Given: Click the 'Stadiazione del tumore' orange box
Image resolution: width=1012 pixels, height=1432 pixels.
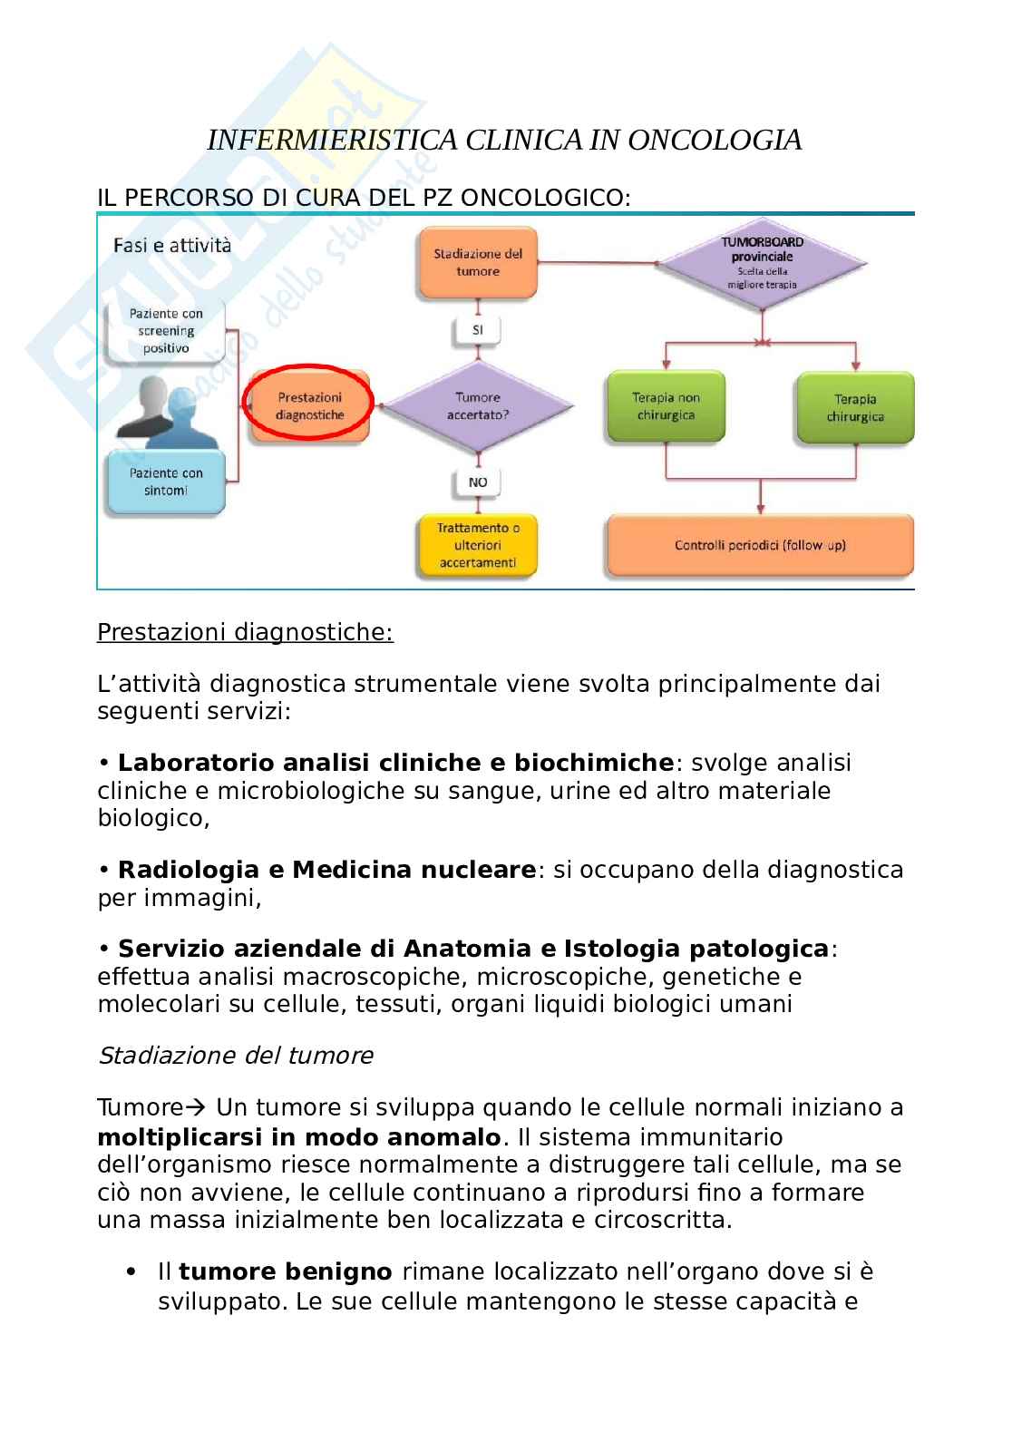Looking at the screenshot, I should [478, 263].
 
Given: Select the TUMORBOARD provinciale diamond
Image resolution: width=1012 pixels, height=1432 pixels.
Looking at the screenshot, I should [762, 263].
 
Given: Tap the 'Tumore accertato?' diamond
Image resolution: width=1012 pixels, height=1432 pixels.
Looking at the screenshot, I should [478, 405].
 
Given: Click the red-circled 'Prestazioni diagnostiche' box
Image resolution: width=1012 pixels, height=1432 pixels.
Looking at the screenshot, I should [309, 405].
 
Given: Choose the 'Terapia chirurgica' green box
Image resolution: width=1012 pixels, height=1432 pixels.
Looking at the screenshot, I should [855, 407].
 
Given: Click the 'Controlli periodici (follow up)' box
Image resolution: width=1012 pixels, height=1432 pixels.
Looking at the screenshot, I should [760, 545].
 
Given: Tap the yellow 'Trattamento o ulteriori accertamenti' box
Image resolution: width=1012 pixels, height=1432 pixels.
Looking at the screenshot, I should [478, 545].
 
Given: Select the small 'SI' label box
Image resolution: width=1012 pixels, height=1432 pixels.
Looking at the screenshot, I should [478, 330].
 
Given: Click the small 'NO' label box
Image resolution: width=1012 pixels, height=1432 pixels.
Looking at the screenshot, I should [478, 482].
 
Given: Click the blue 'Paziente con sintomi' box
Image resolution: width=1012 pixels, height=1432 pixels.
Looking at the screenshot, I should [165, 482].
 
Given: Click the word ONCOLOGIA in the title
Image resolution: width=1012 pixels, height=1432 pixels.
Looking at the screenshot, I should [715, 140].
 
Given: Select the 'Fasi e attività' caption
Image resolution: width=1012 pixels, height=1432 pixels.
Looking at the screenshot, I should [172, 245].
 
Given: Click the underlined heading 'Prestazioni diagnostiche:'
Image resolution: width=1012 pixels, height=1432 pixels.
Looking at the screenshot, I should [245, 632].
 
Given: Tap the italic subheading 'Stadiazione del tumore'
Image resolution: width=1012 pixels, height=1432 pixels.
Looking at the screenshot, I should [235, 1056].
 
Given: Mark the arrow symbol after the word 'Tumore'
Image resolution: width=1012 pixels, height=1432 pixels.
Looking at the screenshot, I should [197, 1107].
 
